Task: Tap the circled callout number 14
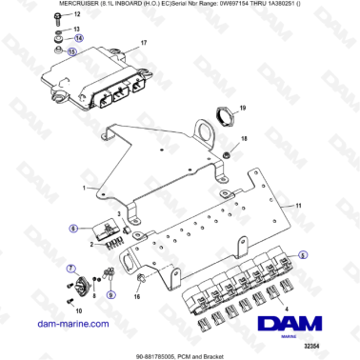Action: [x=78, y=38]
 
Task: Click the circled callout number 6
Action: [x=72, y=229]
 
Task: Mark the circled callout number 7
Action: [x=70, y=270]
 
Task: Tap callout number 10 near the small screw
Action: [x=78, y=310]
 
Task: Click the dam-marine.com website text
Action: [x=59, y=325]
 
